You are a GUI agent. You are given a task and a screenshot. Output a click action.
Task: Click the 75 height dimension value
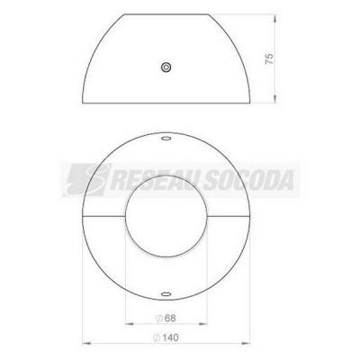pyautogui.click(x=269, y=58)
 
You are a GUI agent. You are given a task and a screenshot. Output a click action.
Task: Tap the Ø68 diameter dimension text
pyautogui.click(x=166, y=319)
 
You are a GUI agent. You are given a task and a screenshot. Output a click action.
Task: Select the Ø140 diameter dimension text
pyautogui.click(x=166, y=337)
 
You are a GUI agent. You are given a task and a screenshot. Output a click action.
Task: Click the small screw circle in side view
pyautogui.click(x=166, y=67)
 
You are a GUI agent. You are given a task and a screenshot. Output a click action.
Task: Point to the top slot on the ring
pyautogui.click(x=166, y=139)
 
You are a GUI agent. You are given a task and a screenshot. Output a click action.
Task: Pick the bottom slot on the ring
pyautogui.click(x=166, y=294)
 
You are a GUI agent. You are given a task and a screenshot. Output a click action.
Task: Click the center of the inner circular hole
pyautogui.click(x=166, y=216)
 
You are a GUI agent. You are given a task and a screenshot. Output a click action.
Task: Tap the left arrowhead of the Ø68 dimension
pyautogui.click(x=129, y=324)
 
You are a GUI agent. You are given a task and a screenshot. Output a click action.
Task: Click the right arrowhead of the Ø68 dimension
pyautogui.click(x=203, y=324)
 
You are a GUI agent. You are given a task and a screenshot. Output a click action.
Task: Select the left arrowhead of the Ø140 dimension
pyautogui.click(x=86, y=343)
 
